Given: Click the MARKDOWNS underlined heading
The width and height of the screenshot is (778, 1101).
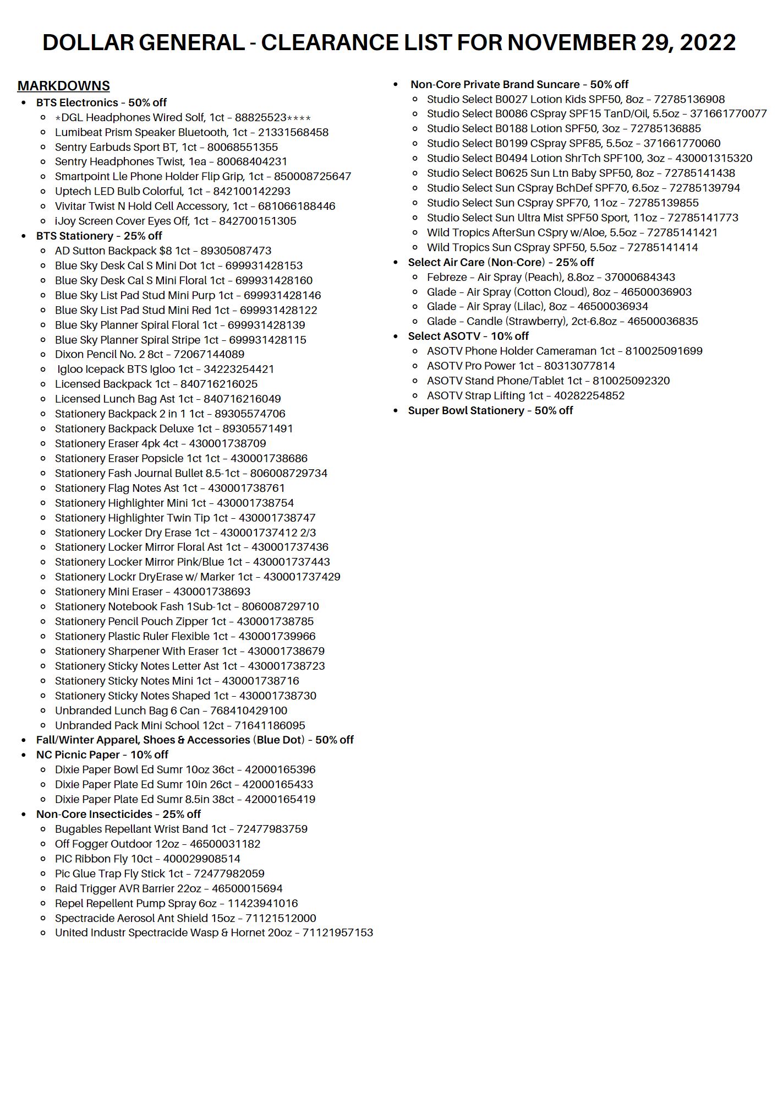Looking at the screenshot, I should (x=64, y=86).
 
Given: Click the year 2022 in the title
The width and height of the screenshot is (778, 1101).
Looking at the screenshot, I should (x=708, y=43).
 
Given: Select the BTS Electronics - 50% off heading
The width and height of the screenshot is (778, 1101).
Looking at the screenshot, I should (x=101, y=103).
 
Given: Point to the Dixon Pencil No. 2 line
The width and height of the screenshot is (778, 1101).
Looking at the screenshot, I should (x=149, y=355).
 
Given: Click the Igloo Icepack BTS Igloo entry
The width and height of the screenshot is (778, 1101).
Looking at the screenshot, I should (x=165, y=370).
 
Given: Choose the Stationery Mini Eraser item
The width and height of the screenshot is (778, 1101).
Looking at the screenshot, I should (x=152, y=592).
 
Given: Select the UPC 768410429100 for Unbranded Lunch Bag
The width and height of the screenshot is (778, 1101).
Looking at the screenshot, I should (x=249, y=711).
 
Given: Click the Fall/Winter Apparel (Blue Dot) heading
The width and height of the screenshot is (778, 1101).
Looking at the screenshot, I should (x=195, y=740).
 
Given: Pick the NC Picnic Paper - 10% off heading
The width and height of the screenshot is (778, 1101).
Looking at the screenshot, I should (x=102, y=755).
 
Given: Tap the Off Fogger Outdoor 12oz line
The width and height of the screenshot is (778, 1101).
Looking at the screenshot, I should (x=157, y=844).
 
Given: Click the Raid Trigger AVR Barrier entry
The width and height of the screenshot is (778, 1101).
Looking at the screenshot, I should (x=168, y=889).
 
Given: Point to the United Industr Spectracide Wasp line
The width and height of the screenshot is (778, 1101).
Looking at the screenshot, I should (x=213, y=933).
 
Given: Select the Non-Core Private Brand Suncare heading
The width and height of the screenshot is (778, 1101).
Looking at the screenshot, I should (x=519, y=85).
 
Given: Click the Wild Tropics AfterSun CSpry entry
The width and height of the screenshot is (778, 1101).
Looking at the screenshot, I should (x=572, y=233).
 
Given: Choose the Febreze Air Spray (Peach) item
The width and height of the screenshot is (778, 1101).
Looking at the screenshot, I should (x=551, y=278).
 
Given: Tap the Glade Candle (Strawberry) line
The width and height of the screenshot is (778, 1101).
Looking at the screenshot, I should (x=562, y=322).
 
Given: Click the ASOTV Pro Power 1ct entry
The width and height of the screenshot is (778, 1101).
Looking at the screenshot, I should (x=521, y=366).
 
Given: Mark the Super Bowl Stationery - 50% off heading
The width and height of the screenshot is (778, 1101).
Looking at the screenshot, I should (x=490, y=411).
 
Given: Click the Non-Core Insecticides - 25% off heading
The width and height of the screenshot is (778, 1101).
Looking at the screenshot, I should (x=118, y=815).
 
